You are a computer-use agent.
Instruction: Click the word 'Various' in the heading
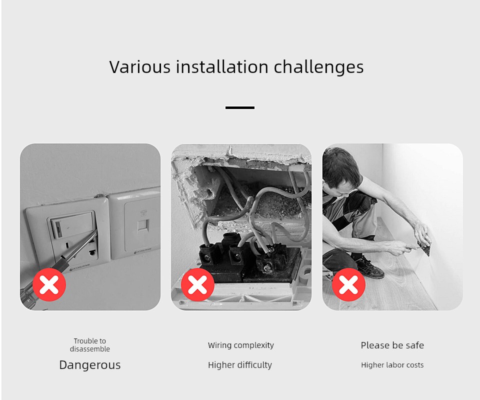(x=139, y=66)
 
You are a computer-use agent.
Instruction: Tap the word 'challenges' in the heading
(x=318, y=67)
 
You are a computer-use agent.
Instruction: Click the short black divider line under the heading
(x=240, y=107)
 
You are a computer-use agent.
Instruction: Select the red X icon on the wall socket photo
(x=49, y=284)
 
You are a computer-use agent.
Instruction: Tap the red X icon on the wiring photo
(x=198, y=284)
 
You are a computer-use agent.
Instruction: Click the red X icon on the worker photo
(x=348, y=284)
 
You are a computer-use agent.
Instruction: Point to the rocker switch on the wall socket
(x=73, y=224)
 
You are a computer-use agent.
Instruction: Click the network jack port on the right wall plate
(x=142, y=225)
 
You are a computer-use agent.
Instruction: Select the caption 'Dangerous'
(x=90, y=365)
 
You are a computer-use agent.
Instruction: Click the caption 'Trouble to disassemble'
(x=90, y=345)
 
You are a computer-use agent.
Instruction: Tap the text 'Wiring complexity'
(x=241, y=345)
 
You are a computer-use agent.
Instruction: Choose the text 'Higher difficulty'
(x=240, y=365)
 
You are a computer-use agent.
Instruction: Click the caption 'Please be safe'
(x=392, y=345)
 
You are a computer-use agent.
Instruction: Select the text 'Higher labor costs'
(x=392, y=365)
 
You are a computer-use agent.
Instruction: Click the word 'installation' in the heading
(x=222, y=66)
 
